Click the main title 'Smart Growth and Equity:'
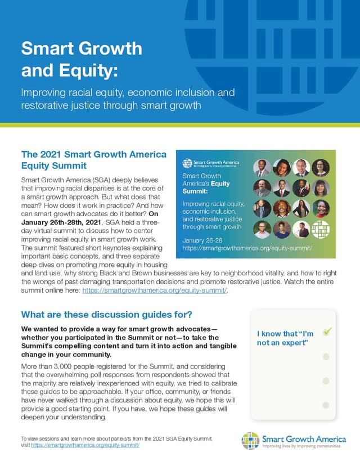click(82, 59)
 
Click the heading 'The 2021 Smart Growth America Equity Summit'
click(93, 160)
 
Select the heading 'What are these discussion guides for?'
click(106, 314)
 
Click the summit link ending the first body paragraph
click(154, 290)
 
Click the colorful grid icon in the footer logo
click(251, 441)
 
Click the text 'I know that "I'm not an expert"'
click(285, 338)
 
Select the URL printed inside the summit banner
click(247, 248)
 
